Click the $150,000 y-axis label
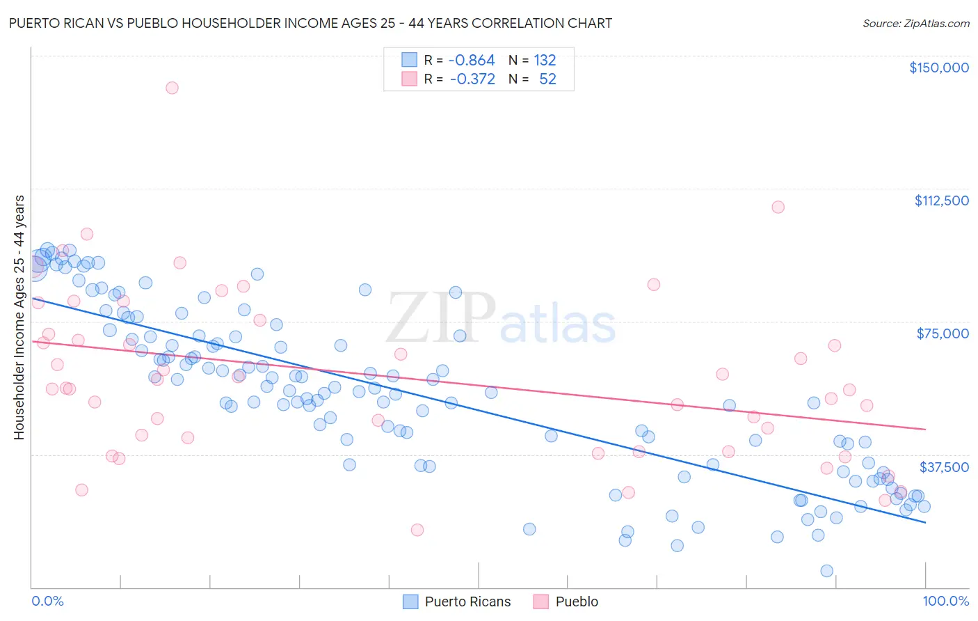click(x=938, y=68)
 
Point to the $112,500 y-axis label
click(x=941, y=201)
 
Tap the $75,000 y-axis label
click(x=943, y=333)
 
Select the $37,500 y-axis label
click(x=944, y=467)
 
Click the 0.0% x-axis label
click(x=47, y=601)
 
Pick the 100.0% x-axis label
click(x=945, y=601)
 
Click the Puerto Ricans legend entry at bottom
click(x=467, y=602)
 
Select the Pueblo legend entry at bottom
click(x=577, y=602)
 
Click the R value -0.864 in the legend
click(x=472, y=61)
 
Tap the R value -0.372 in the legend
click(x=472, y=79)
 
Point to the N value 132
click(x=545, y=61)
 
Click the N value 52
click(x=547, y=79)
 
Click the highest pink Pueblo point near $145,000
click(x=172, y=88)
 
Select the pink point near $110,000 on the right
click(x=778, y=207)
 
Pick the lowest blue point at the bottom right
click(x=826, y=571)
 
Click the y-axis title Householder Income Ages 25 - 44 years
click(x=19, y=317)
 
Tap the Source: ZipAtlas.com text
click(x=915, y=24)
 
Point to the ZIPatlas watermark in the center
click(x=501, y=319)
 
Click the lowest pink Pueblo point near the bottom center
click(x=417, y=530)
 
